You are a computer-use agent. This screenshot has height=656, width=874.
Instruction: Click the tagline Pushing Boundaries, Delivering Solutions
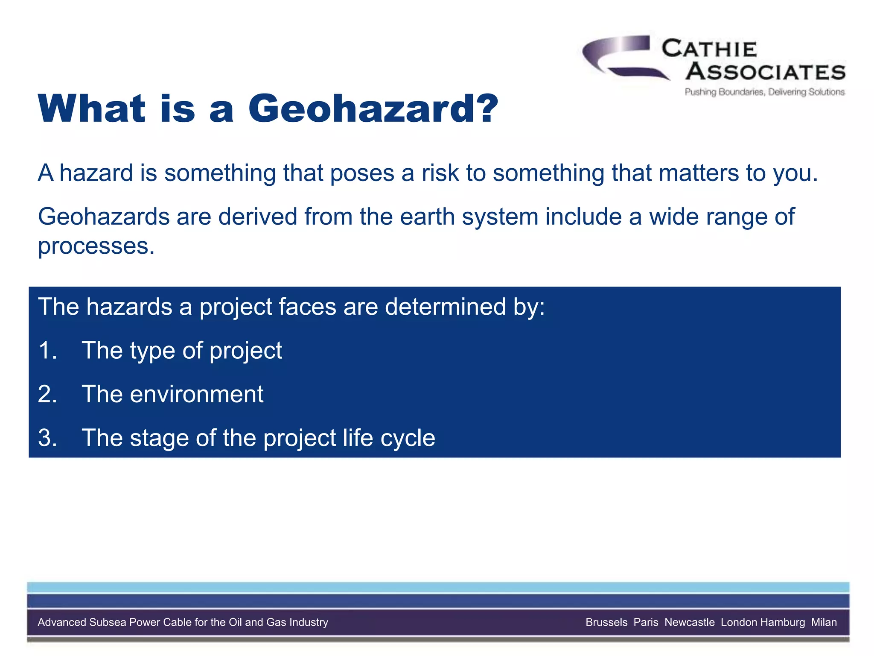coord(764,92)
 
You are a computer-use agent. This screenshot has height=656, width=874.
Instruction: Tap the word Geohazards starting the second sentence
coord(104,217)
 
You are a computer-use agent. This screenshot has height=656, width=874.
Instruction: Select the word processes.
coord(96,246)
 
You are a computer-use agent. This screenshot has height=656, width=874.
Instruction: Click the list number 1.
coord(47,351)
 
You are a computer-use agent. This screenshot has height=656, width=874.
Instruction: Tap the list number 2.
coord(47,394)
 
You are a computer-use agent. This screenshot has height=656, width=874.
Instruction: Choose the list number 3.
coord(47,438)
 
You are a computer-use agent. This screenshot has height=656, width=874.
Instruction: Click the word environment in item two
coord(196,394)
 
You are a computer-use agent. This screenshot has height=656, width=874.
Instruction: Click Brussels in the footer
coord(606,622)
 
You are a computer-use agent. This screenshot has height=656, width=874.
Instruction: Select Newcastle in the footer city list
coord(689,622)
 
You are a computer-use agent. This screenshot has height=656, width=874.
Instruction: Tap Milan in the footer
coord(824,622)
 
